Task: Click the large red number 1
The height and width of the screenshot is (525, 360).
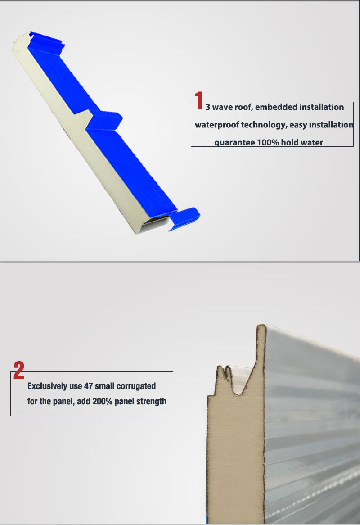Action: [x=198, y=100]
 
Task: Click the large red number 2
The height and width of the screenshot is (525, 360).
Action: [x=18, y=370]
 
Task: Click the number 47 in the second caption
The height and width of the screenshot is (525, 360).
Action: [x=89, y=386]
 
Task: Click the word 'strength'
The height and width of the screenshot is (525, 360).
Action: [x=151, y=401]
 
